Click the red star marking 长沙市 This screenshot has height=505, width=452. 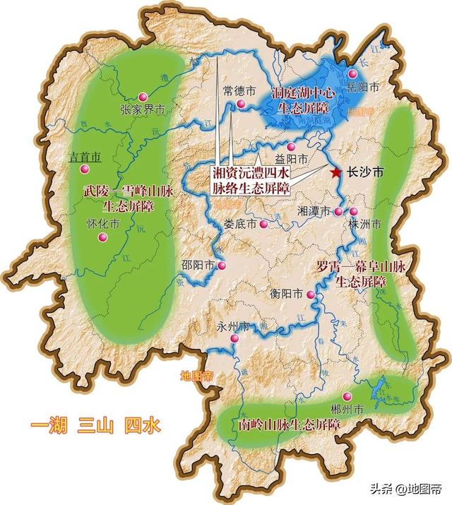pyautogui.click(x=335, y=172)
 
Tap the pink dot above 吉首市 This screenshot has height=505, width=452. pyautogui.click(x=84, y=170)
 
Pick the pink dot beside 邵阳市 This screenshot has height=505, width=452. pyautogui.click(x=222, y=266)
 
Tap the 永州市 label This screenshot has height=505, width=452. pyautogui.click(x=233, y=328)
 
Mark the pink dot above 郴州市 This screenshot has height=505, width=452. pyautogui.click(x=347, y=397)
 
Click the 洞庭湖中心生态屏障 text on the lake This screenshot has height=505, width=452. pyautogui.click(x=305, y=99)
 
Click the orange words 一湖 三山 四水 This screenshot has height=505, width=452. pyautogui.click(x=95, y=426)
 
